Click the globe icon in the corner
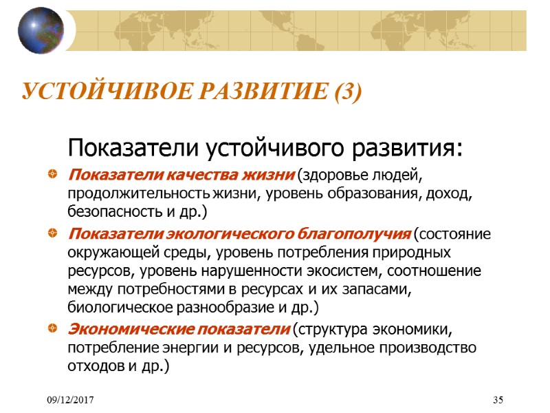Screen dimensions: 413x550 pos(41,31)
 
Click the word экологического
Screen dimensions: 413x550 pos(233,233)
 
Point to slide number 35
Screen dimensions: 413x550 pos(499,400)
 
